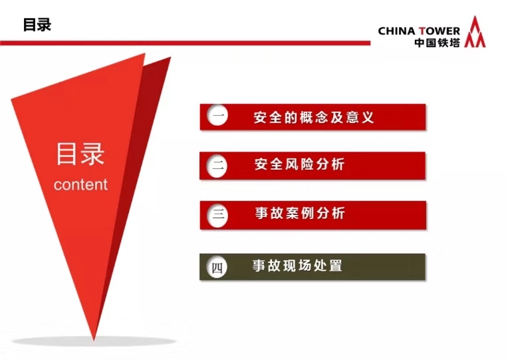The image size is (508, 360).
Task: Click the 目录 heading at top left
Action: (x=37, y=25)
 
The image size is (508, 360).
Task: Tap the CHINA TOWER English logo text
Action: (x=419, y=31)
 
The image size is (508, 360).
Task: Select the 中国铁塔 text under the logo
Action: (x=438, y=43)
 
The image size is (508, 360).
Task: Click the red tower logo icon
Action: (x=475, y=32)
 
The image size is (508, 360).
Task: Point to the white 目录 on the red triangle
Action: (x=80, y=154)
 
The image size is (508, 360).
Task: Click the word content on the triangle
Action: (x=80, y=184)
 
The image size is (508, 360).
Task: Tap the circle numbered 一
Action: (x=217, y=115)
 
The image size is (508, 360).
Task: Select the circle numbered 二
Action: (x=217, y=166)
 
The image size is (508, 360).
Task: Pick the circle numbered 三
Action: (x=217, y=215)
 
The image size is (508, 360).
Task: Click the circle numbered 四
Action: (x=217, y=267)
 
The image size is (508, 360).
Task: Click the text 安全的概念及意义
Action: (x=314, y=117)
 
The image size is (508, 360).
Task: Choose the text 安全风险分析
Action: (x=299, y=164)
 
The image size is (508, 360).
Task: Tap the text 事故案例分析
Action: (x=300, y=213)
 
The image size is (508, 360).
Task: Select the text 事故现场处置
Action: (x=297, y=266)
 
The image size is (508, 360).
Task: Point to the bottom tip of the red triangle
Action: (x=94, y=341)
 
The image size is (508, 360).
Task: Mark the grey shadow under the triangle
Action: (x=94, y=341)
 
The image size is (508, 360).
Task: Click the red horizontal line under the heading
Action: (x=185, y=43)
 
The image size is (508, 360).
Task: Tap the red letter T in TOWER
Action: (x=422, y=31)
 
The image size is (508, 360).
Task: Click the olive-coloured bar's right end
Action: (x=425, y=267)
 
